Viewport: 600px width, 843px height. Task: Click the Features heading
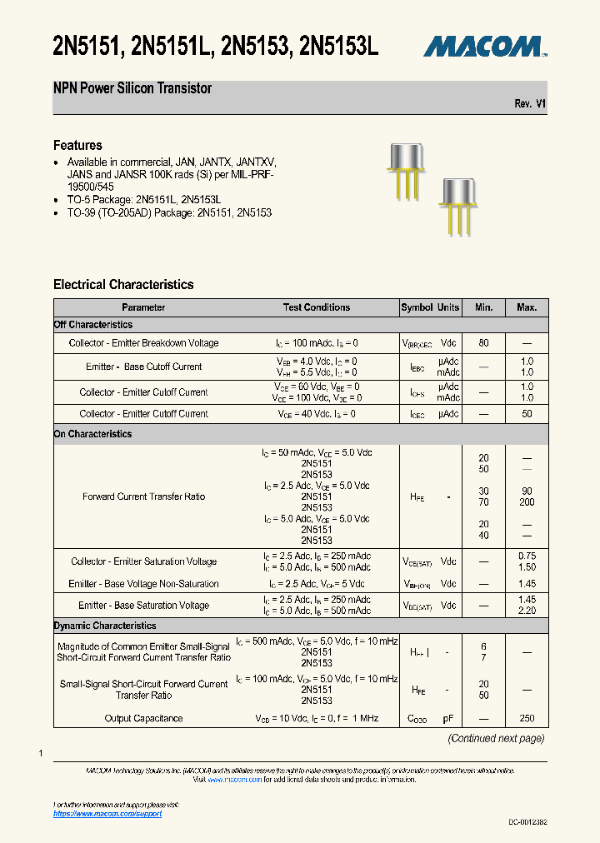(77, 145)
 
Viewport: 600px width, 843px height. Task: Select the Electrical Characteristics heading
(123, 284)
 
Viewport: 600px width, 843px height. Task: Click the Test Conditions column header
(317, 307)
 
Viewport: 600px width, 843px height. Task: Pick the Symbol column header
(417, 307)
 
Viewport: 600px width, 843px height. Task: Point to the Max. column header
(527, 307)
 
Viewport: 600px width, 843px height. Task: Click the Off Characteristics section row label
(93, 325)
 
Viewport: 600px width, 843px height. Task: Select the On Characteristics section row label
(92, 434)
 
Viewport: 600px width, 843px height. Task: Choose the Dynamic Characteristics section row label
(105, 626)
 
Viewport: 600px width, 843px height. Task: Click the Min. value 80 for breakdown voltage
(484, 343)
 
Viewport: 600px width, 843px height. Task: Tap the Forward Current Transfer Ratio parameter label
(143, 496)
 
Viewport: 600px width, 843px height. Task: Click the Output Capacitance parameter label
(143, 718)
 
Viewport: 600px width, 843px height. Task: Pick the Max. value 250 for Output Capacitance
(527, 718)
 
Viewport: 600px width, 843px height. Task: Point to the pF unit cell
(448, 718)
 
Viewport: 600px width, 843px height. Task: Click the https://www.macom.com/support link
(107, 813)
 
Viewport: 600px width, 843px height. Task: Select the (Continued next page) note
(496, 738)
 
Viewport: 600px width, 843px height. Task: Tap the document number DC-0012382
(528, 822)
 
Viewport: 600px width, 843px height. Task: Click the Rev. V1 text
(530, 103)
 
